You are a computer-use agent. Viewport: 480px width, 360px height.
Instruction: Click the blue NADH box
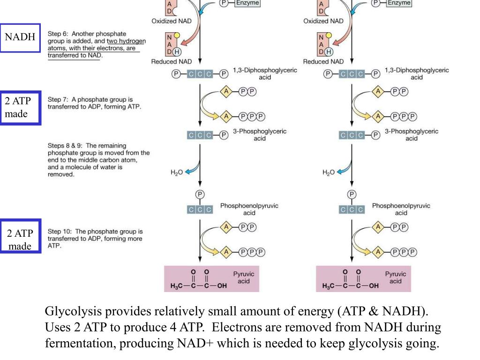click(20, 37)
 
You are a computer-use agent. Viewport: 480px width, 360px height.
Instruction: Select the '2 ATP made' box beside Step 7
click(20, 108)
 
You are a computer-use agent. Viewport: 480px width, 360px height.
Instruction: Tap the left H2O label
click(176, 172)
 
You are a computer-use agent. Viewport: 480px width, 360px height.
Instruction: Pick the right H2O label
click(328, 172)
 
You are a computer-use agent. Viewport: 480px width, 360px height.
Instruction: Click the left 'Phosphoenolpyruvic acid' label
click(249, 209)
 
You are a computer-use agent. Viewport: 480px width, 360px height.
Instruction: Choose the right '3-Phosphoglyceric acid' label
click(411, 135)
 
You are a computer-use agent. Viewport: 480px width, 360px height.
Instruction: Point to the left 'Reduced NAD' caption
click(171, 61)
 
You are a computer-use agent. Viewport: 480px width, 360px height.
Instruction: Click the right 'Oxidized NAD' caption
click(323, 21)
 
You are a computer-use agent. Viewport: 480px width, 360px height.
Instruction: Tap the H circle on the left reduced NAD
click(177, 52)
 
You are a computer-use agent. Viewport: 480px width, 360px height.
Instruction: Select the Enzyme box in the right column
click(399, 3)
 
